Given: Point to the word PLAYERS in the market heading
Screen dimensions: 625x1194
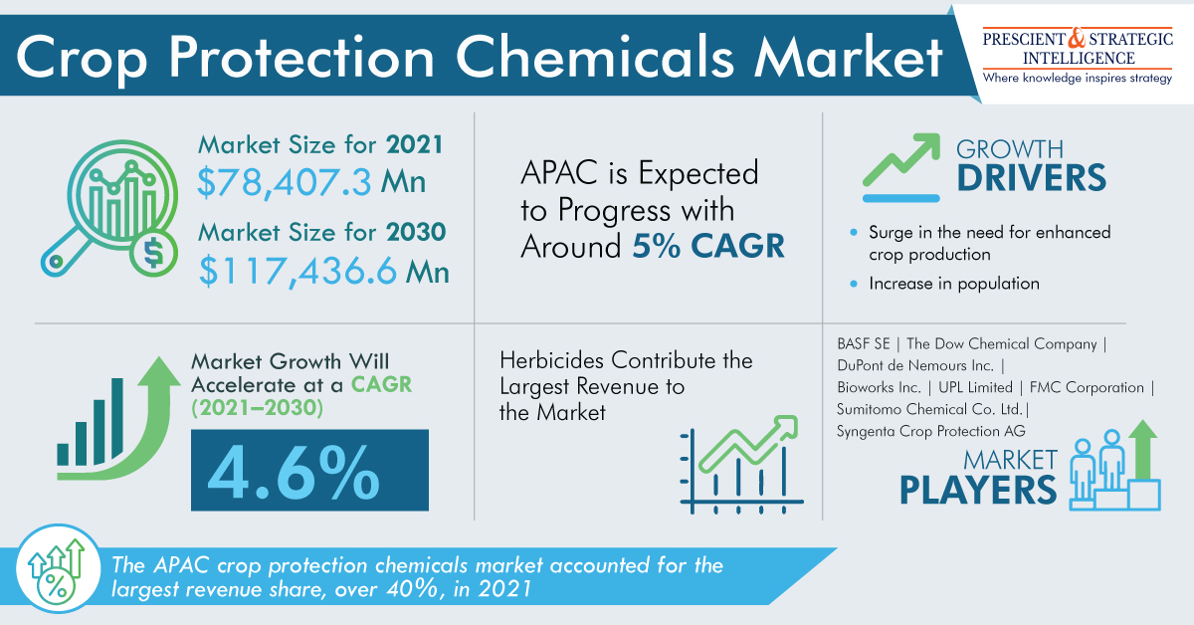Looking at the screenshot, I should (978, 490).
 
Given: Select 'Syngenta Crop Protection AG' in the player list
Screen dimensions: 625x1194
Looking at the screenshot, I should (930, 431).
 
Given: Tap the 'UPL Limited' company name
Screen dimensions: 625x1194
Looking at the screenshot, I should (982, 387).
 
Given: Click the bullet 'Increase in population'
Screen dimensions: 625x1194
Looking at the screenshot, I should (953, 284).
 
